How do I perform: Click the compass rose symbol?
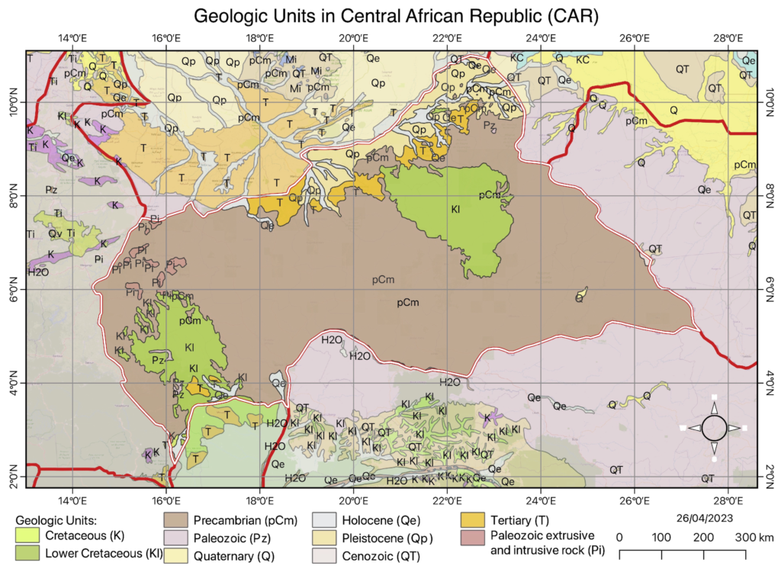click(x=714, y=428)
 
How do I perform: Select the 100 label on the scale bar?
click(x=660, y=536)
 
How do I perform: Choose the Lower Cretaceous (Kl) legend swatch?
click(x=28, y=553)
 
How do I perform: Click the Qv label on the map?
click(x=55, y=233)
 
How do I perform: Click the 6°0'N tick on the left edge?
click(x=14, y=290)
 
